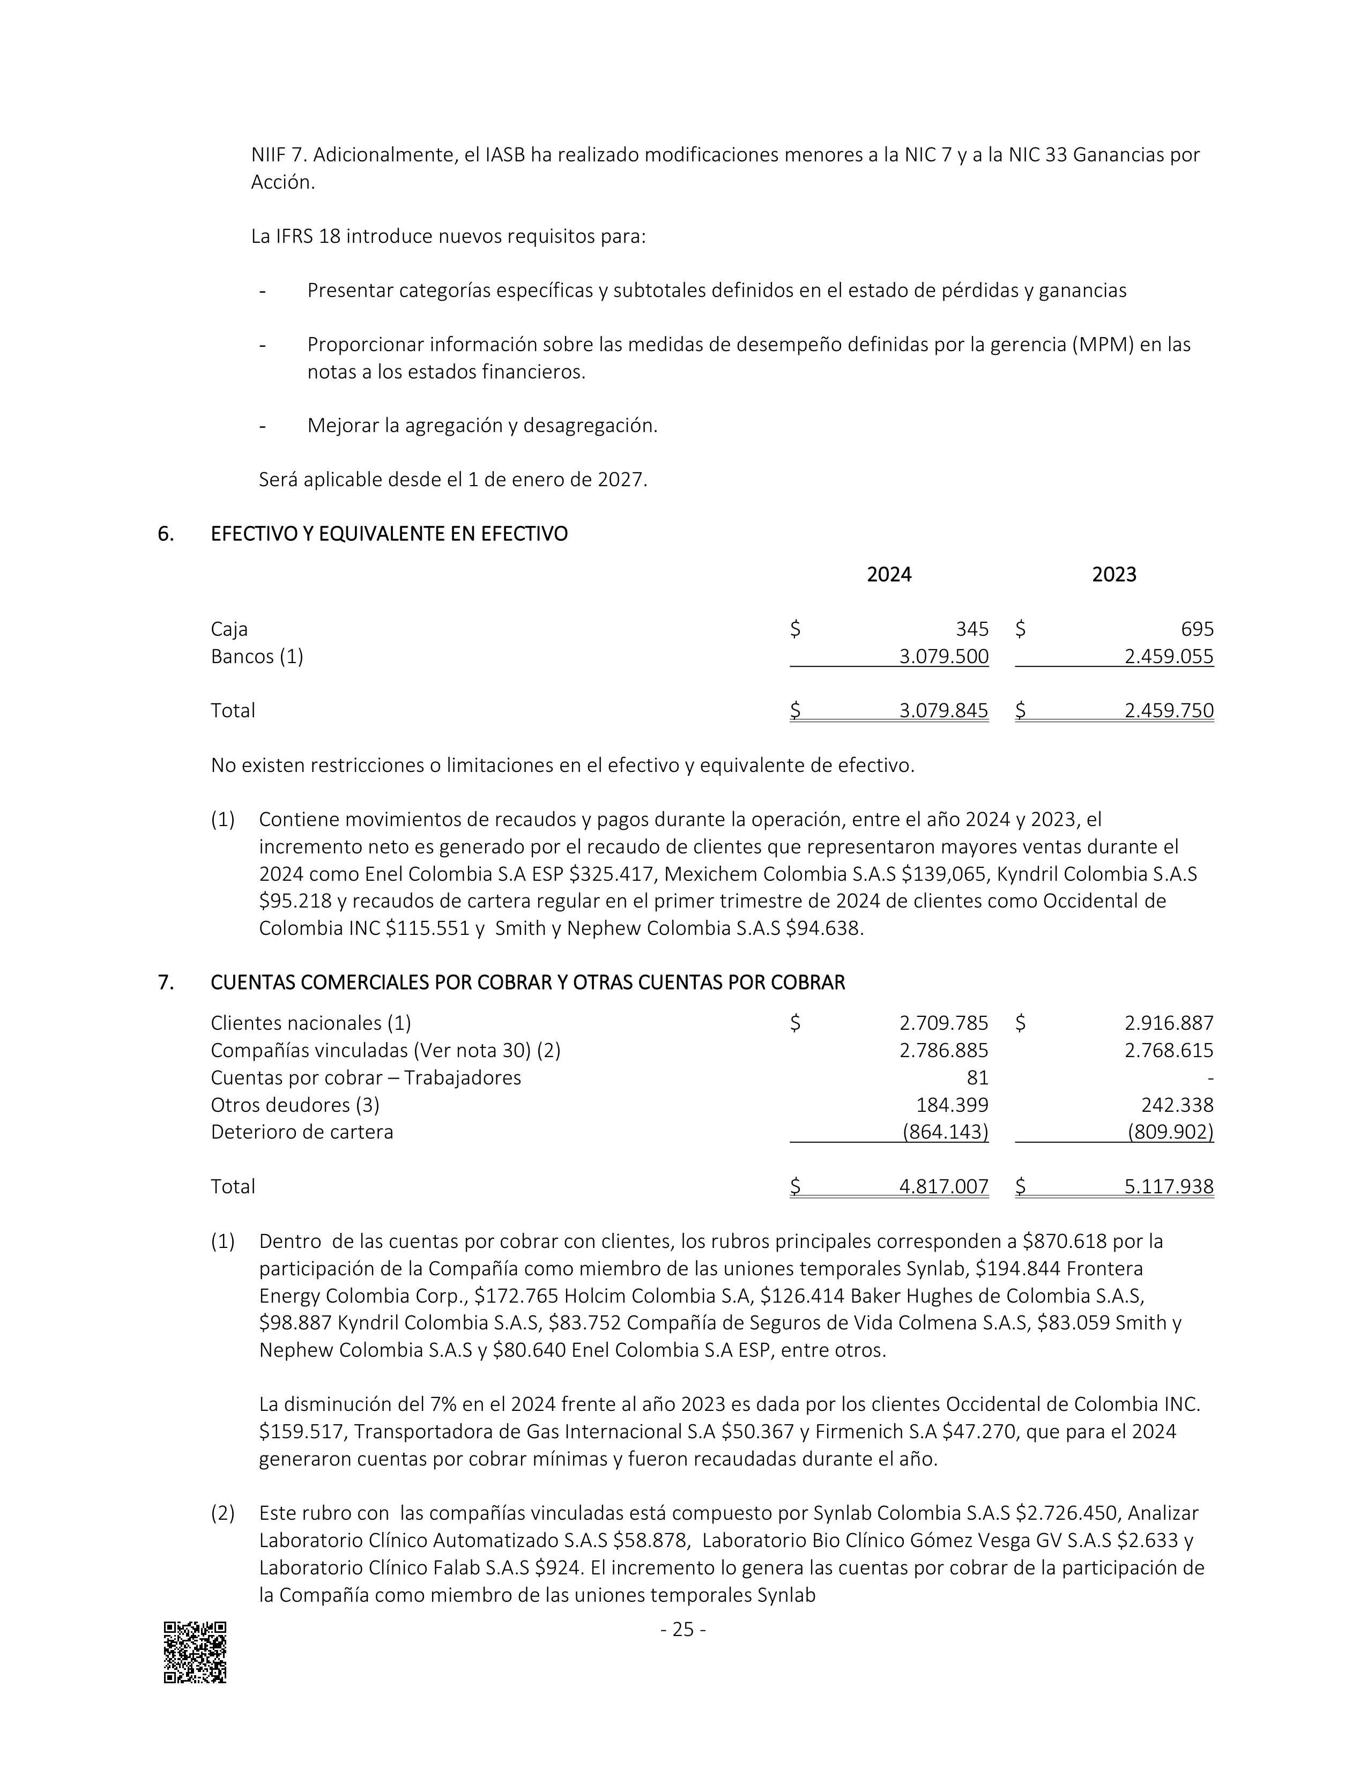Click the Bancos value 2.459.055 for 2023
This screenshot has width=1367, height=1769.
tap(1169, 657)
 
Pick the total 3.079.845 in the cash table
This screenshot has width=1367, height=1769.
tap(943, 711)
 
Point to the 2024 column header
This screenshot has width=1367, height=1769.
tap(888, 575)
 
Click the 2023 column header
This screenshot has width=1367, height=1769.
tap(1113, 575)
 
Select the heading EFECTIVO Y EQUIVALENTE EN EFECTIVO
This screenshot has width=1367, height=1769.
tap(389, 534)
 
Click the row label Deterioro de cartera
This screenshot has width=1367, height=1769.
tap(301, 1132)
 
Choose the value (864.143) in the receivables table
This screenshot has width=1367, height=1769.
tap(945, 1132)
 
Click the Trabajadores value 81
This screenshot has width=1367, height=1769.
tap(977, 1078)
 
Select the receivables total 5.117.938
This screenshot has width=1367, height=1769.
tap(1169, 1187)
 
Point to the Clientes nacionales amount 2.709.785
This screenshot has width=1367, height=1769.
tap(943, 1024)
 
